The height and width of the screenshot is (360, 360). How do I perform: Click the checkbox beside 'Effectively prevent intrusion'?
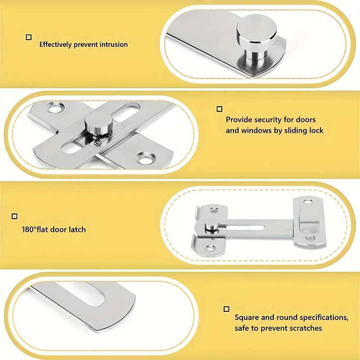(29, 37)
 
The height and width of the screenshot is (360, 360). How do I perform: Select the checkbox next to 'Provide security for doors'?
(220, 109)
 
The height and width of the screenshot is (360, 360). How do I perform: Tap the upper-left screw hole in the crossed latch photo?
(55, 107)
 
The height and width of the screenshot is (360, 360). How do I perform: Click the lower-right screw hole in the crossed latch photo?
(145, 158)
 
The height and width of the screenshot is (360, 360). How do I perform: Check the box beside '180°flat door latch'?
(14, 216)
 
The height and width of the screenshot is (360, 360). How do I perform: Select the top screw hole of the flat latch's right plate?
(308, 202)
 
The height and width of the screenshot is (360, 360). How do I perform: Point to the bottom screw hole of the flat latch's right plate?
(310, 238)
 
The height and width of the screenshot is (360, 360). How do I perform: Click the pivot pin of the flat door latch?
(211, 228)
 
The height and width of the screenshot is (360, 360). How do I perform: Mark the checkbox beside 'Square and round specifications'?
(226, 309)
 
